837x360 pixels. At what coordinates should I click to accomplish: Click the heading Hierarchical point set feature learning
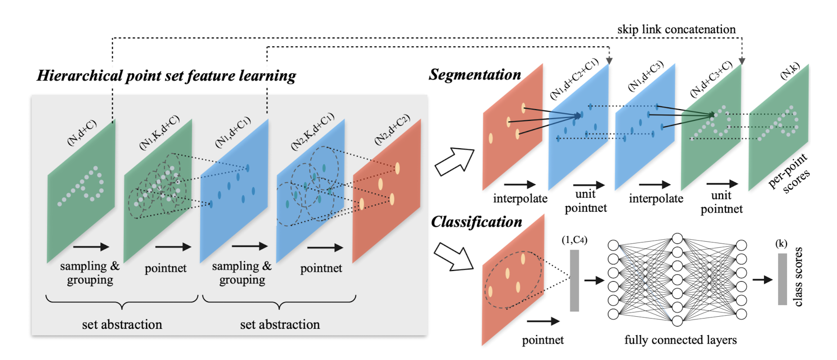pyautogui.click(x=166, y=76)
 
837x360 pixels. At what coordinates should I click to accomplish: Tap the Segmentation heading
pyautogui.click(x=474, y=75)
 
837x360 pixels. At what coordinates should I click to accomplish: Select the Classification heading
pyautogui.click(x=476, y=222)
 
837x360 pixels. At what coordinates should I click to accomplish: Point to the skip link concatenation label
pyautogui.click(x=676, y=29)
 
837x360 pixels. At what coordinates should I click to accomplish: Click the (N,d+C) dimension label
pyautogui.click(x=82, y=132)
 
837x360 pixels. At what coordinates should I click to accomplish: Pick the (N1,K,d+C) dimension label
pyautogui.click(x=160, y=132)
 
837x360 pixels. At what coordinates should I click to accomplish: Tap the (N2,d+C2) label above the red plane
pyautogui.click(x=392, y=129)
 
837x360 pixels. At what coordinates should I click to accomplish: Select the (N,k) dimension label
pyautogui.click(x=790, y=71)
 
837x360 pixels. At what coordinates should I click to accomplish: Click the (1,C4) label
pyautogui.click(x=574, y=240)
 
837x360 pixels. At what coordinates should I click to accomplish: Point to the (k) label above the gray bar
pyautogui.click(x=781, y=243)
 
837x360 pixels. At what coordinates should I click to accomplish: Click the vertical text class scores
pyautogui.click(x=798, y=277)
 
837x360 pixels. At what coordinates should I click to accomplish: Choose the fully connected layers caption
pyautogui.click(x=680, y=340)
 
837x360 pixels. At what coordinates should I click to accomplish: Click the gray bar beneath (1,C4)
pyautogui.click(x=574, y=280)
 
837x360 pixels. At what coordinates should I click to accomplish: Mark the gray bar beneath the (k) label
pyautogui.click(x=782, y=279)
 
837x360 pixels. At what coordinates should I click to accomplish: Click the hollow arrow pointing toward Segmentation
pyautogui.click(x=453, y=161)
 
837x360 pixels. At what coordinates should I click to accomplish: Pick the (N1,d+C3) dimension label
pyautogui.click(x=646, y=76)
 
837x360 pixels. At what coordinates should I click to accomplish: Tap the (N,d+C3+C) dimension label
pyautogui.click(x=711, y=79)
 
